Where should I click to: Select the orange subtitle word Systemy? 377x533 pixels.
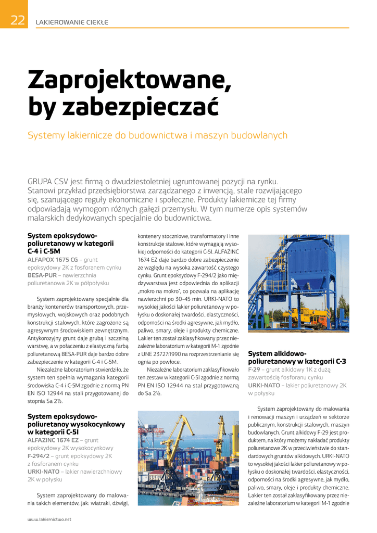click(46, 135)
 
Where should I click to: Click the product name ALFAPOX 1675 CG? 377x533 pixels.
click(52, 259)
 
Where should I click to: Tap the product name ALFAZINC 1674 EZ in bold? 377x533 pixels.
click(52, 440)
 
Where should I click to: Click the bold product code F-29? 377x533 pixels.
click(254, 369)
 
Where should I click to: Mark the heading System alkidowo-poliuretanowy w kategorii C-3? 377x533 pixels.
click(297, 357)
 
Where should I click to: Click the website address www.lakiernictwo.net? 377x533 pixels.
click(49, 519)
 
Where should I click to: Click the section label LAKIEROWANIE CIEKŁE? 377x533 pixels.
click(71, 22)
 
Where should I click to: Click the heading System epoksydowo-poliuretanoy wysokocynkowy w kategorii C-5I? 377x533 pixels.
click(76, 424)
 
